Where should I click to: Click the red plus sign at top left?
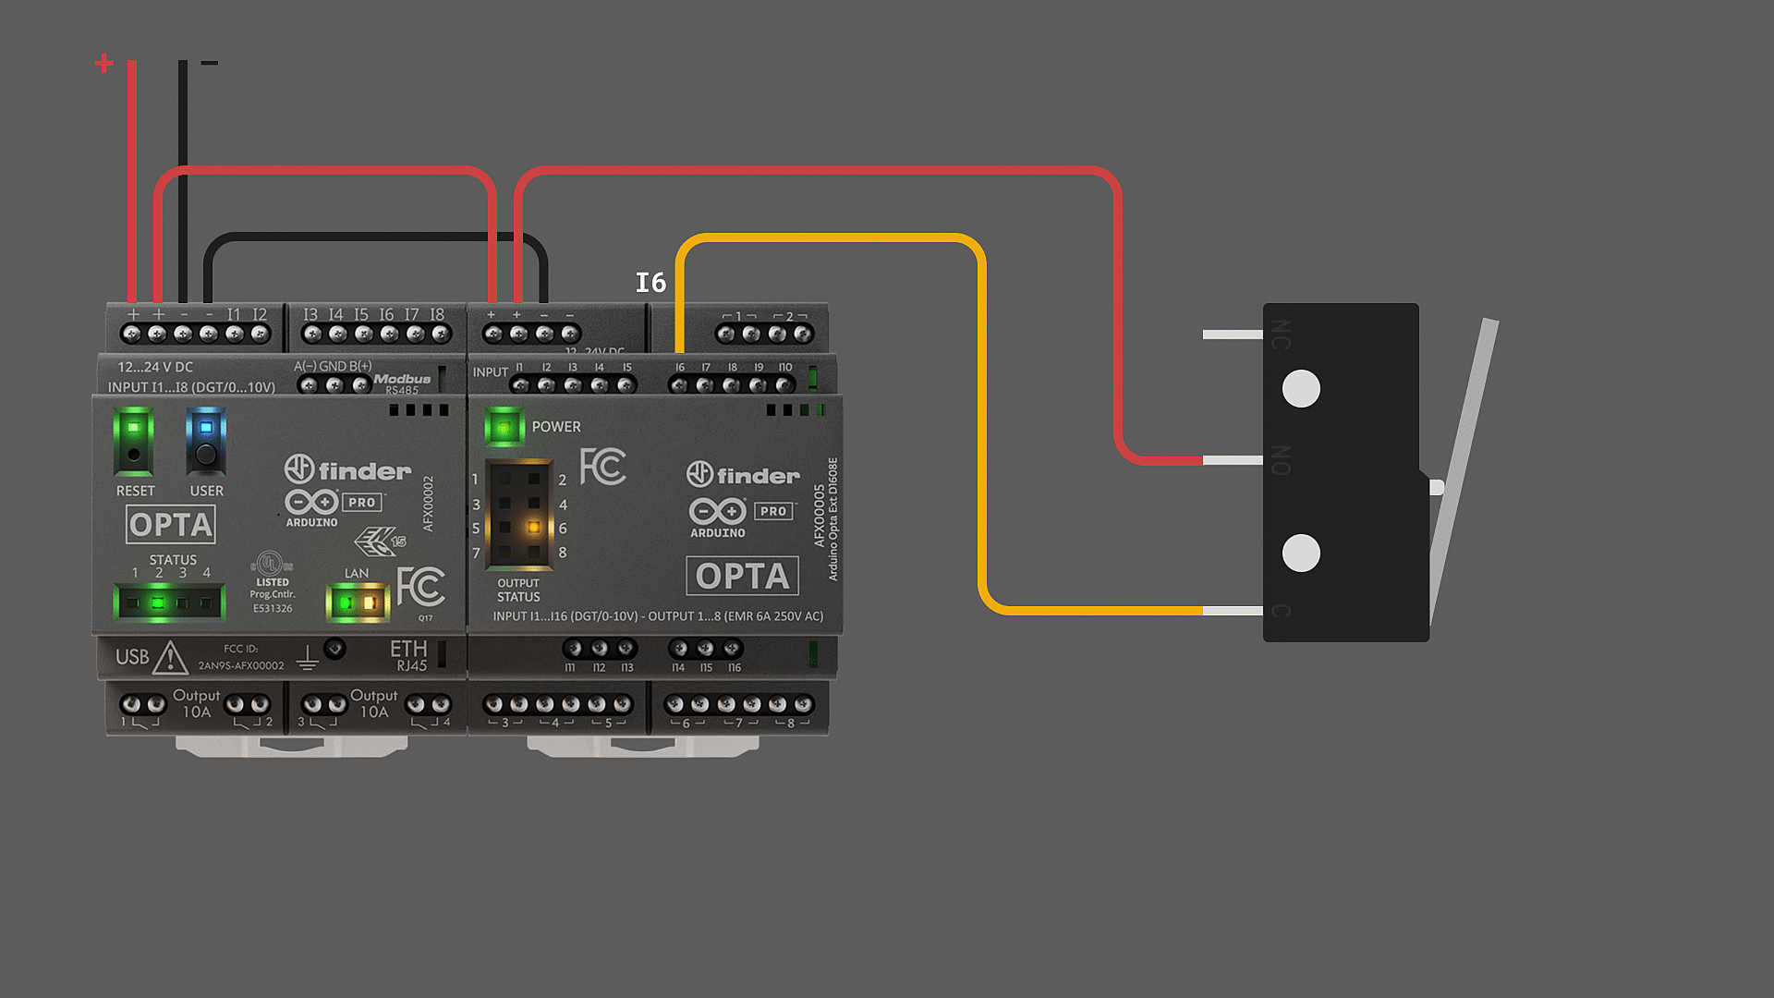(x=104, y=63)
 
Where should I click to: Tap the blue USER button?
(x=206, y=441)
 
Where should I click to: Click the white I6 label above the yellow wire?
(x=650, y=283)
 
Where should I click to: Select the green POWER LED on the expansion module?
(x=504, y=427)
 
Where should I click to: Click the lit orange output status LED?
(x=533, y=528)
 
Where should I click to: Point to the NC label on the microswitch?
(x=1281, y=335)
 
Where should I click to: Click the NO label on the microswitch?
(x=1281, y=460)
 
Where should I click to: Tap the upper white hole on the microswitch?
(x=1301, y=389)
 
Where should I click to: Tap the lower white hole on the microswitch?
(x=1301, y=554)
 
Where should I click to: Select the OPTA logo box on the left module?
(x=171, y=525)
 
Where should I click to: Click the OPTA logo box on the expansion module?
(x=742, y=577)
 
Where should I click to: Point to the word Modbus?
(x=402, y=379)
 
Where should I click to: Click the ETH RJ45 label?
(x=408, y=655)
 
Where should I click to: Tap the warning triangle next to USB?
(x=170, y=659)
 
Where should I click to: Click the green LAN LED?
(x=346, y=603)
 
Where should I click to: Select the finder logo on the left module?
(x=348, y=470)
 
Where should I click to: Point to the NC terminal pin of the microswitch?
(x=1232, y=335)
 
